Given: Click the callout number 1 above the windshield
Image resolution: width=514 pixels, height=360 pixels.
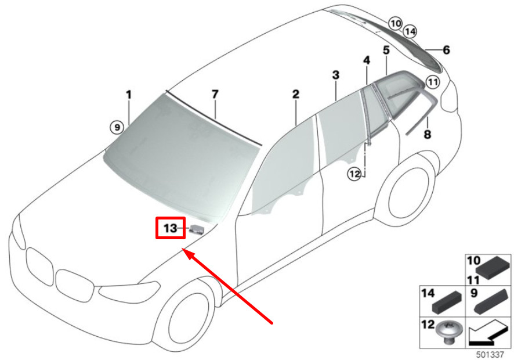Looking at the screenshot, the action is (129, 95).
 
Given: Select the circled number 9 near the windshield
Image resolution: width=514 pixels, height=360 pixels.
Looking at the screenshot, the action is (117, 127).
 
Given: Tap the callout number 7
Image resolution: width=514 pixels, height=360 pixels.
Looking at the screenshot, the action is (215, 94).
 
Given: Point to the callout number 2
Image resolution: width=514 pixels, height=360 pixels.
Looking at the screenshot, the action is (296, 94).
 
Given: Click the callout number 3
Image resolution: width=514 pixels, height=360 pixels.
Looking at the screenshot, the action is (336, 75).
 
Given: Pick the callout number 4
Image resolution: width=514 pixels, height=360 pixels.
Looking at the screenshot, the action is (367, 60).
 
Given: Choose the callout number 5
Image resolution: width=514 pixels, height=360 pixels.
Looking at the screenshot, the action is (386, 50).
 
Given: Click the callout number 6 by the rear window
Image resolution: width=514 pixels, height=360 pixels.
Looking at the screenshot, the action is (446, 50).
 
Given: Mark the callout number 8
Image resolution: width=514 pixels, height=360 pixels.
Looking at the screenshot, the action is (428, 134).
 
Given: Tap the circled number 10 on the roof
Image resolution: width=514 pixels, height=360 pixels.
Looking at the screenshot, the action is (395, 23).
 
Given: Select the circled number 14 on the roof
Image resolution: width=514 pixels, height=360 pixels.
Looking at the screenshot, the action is (410, 31).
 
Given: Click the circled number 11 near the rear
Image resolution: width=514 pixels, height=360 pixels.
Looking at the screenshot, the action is (433, 82).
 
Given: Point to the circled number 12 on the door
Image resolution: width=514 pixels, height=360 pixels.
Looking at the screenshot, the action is (354, 174).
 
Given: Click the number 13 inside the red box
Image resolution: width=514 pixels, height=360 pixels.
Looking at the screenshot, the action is (170, 228).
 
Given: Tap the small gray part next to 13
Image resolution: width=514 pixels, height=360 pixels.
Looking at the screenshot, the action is (197, 230).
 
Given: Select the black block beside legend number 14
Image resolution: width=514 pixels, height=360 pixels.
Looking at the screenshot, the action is (447, 303).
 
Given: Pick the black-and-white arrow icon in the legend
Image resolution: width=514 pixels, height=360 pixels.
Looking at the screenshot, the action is (488, 334).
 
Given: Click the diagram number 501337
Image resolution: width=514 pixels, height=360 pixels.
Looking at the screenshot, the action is (490, 354).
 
